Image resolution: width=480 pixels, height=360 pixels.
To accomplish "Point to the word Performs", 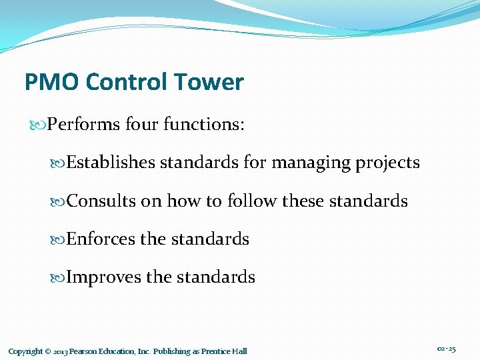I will click(84, 125).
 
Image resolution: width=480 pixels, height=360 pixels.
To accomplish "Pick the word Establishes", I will click(111, 163).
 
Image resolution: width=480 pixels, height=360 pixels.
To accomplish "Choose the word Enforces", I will click(101, 239).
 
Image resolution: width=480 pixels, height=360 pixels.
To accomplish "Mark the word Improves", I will click(104, 277).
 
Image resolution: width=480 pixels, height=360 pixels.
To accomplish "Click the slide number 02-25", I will click(447, 349).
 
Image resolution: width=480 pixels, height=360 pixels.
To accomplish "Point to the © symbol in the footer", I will click(49, 351).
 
